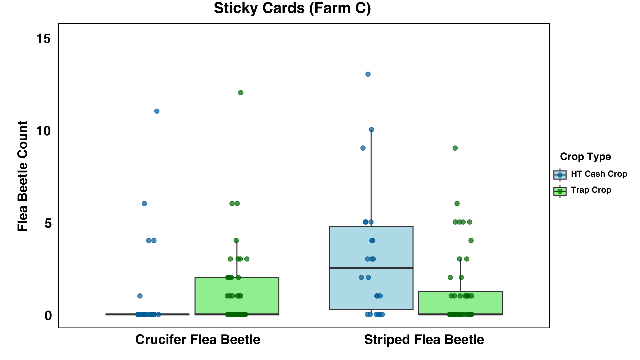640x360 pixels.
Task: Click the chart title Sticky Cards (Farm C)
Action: coord(292,8)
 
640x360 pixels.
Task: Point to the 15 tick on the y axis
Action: coord(43,39)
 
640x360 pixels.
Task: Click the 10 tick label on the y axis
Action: coord(43,131)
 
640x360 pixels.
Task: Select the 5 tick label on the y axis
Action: coord(48,223)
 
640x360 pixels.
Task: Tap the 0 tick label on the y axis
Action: coord(48,315)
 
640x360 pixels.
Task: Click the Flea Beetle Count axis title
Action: coord(23,176)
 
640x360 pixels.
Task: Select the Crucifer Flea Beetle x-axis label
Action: coord(198,340)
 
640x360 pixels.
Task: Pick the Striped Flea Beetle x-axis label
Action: coord(424,340)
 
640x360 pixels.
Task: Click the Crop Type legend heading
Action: coord(585,157)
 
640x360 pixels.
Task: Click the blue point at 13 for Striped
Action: coord(368,74)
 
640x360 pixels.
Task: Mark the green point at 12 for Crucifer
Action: coord(241,93)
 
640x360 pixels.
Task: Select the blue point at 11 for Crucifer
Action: coord(157,111)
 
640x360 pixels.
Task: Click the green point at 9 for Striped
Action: coord(455,148)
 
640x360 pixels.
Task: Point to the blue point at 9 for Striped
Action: coord(363,148)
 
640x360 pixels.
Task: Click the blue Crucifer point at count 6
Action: coord(144,204)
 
